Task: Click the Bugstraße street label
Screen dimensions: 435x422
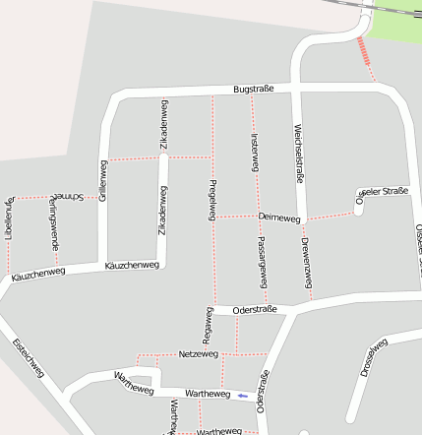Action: (x=253, y=90)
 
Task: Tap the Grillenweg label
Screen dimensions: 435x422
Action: (x=101, y=181)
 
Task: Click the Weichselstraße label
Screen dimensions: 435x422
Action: (x=297, y=153)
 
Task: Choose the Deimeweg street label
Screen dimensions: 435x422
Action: (x=278, y=216)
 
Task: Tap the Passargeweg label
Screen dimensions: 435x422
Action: (x=262, y=262)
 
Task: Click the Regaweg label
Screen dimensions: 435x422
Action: (x=208, y=325)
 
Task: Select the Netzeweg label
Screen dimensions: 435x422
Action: (x=200, y=352)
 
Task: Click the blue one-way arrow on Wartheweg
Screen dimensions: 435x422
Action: (x=242, y=396)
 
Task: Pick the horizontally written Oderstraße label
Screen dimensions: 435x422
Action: (x=255, y=310)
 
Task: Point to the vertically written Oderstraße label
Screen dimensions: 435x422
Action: (x=263, y=392)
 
